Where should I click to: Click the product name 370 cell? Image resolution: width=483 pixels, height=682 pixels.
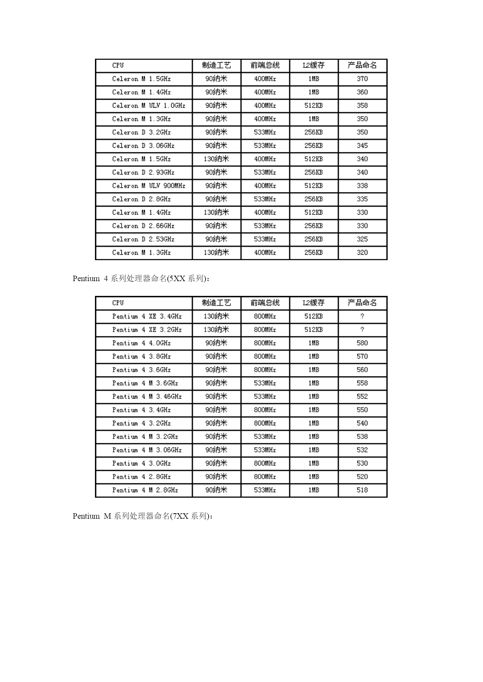coord(362,79)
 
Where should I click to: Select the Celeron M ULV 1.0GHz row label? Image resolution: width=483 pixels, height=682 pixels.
coord(149,106)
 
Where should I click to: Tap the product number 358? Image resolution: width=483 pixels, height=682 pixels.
coord(362,106)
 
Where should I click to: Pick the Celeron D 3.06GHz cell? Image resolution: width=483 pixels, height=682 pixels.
coord(143,146)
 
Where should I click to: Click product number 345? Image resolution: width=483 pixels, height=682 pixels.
coord(362,146)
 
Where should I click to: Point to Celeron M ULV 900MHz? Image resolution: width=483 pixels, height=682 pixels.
coord(149,186)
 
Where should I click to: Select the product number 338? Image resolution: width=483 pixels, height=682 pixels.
coord(362,186)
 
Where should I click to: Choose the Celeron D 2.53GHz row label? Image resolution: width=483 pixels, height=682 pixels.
coord(143,239)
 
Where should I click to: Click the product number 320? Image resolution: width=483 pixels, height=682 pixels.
coord(362,253)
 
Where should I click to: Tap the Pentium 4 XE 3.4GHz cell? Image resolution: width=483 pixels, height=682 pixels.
coord(147,317)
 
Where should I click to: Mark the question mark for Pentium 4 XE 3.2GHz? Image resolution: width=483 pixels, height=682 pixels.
coord(362,330)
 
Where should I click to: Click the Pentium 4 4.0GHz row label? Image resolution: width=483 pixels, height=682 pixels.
coord(141,343)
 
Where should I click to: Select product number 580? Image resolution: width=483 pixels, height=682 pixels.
coord(362,343)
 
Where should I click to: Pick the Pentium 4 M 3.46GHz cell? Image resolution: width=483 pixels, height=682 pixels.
coord(147,397)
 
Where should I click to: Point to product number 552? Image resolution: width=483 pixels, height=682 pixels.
coord(362,397)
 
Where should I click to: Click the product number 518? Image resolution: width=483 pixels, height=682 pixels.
coord(362,490)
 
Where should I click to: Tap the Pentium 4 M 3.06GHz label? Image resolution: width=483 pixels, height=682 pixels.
coord(147,450)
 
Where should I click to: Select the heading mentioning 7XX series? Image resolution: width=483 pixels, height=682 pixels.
coord(142,516)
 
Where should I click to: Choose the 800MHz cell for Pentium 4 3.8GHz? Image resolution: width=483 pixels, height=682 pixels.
coord(265,357)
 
